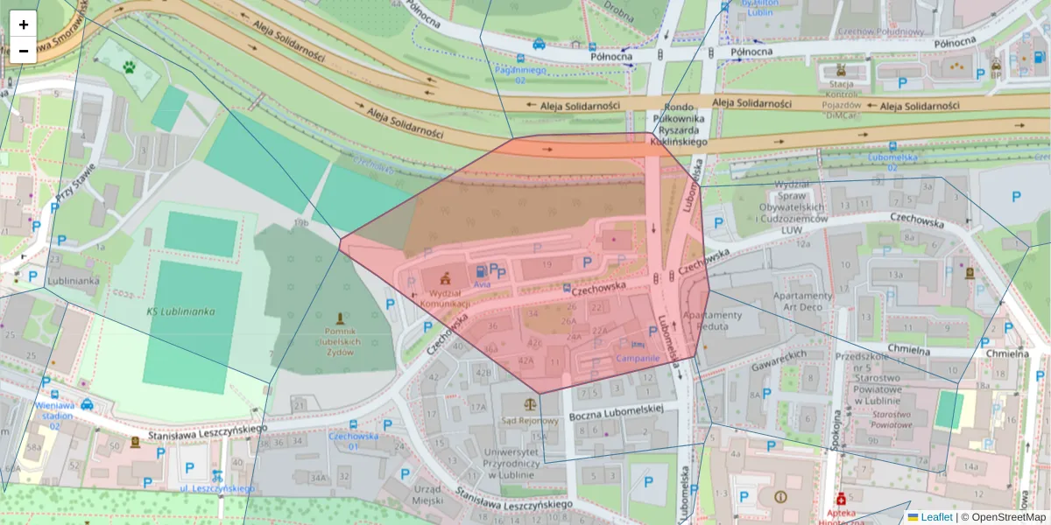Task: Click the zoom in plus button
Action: coord(24,24)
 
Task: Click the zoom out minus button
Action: coord(24,51)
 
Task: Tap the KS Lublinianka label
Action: coord(180,311)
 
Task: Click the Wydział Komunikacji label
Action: coord(446,297)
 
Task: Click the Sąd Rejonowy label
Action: coord(529,420)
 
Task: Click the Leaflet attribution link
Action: coord(936,517)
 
